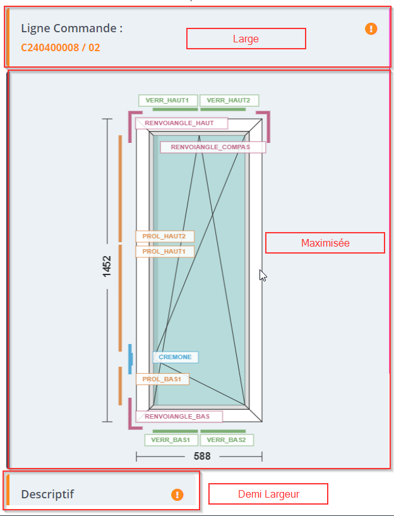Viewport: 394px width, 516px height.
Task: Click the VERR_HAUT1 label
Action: (167, 101)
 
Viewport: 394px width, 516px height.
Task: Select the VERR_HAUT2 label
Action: (229, 101)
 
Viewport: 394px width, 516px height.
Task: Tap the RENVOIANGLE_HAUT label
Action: (181, 123)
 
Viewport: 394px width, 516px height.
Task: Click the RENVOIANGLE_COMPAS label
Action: (213, 147)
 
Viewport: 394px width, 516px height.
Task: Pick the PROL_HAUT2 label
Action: (164, 236)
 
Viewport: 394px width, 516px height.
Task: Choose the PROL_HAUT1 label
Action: (164, 252)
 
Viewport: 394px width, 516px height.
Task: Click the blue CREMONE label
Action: (176, 357)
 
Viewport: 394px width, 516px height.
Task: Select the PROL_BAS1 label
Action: (162, 379)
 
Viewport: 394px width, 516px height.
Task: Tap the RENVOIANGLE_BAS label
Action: (179, 417)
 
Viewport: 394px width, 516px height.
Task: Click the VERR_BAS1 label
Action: (171, 440)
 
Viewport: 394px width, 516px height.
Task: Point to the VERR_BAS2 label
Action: (227, 440)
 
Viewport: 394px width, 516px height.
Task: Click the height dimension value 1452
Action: (107, 266)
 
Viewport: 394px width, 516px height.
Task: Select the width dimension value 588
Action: (202, 456)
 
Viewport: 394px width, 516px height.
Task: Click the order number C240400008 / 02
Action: (61, 47)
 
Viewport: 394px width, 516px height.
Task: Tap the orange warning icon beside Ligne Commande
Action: (371, 28)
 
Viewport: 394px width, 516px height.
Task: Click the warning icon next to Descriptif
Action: (177, 494)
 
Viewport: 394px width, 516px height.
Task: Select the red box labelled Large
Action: (246, 39)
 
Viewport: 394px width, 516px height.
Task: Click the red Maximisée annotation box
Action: (325, 243)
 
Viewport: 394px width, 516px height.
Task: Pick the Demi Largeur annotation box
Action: (268, 494)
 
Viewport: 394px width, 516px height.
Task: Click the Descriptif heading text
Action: (47, 494)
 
